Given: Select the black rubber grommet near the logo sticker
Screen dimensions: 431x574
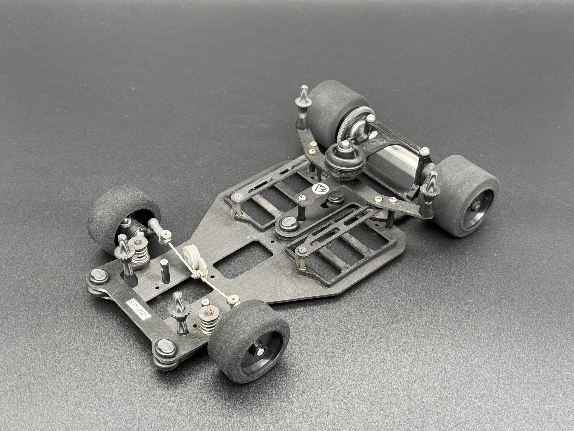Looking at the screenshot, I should pyautogui.click(x=333, y=195).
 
